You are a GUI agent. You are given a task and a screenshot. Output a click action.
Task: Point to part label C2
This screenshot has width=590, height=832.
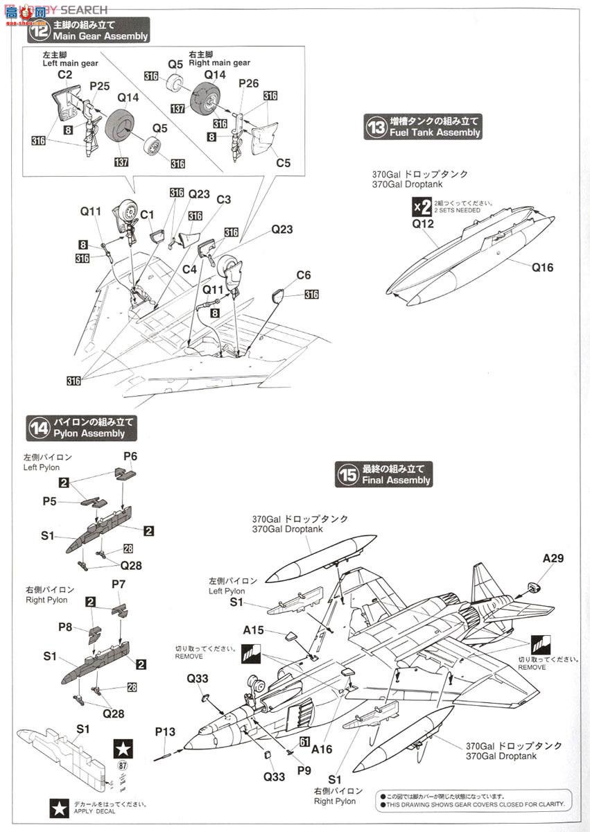coord(65,74)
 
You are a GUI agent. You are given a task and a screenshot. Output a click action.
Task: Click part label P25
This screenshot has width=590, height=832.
coord(100,86)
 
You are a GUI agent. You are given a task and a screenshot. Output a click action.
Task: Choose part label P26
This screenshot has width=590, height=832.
coord(248,83)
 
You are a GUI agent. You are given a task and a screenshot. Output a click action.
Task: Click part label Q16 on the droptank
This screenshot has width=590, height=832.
coord(543,267)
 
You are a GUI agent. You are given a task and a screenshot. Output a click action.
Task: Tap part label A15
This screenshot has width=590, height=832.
coord(254,630)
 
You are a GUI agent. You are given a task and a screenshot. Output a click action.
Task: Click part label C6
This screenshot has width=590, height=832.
coord(304,276)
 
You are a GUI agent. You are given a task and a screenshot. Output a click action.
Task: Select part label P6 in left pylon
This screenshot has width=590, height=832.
coord(130,456)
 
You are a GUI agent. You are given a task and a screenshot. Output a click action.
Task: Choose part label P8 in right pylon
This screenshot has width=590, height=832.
coord(65,627)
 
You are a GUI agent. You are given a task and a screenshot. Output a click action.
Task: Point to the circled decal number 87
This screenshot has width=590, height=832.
coord(123,765)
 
